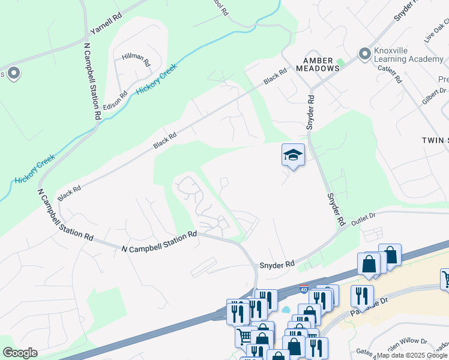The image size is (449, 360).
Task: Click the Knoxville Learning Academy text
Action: click(x=409, y=54)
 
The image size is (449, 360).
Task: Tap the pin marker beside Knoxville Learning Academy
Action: click(x=364, y=54)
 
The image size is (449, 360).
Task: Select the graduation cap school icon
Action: click(x=293, y=155)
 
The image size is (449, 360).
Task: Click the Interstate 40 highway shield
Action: click(x=304, y=289)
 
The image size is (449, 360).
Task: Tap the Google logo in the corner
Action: click(x=20, y=353)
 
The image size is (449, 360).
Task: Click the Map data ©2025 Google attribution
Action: click(x=412, y=355)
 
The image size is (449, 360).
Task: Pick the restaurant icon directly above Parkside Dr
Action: click(x=362, y=295)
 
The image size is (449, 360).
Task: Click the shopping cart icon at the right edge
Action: click(x=445, y=278)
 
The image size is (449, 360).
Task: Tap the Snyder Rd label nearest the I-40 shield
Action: click(x=277, y=264)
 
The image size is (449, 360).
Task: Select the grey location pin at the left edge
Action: click(x=13, y=74)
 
